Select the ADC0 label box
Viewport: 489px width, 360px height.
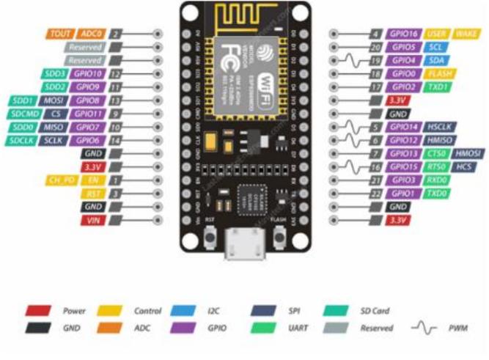coord(90,34)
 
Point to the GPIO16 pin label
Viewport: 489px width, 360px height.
coord(404,34)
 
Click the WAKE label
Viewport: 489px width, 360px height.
coord(466,34)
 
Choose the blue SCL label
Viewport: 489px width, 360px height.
coord(434,47)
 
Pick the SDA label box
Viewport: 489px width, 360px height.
coord(435,60)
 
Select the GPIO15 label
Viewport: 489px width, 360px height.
coord(404,166)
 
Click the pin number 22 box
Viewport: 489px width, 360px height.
coord(375,194)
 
